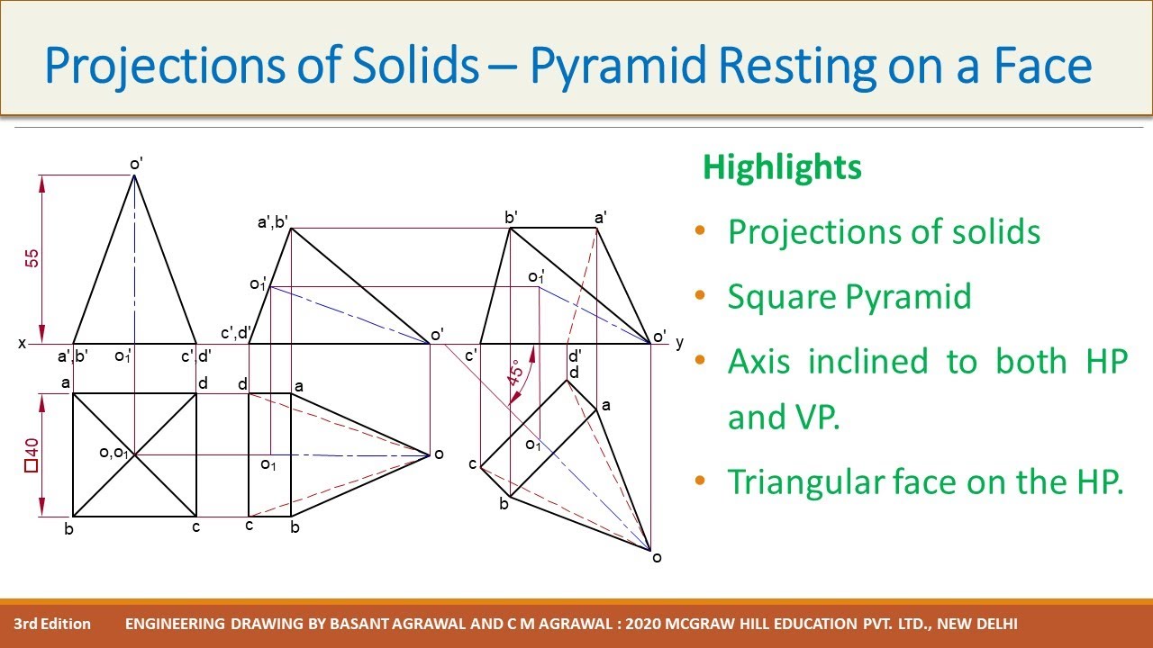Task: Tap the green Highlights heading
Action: (x=781, y=167)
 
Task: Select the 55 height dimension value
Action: (x=32, y=258)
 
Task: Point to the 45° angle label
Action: (x=515, y=373)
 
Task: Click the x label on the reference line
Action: (x=22, y=344)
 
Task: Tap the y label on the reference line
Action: (x=679, y=343)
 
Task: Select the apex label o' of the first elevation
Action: (x=136, y=163)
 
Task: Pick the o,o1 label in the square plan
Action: (x=115, y=453)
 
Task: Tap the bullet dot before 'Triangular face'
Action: (x=701, y=481)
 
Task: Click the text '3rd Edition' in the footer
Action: (x=52, y=624)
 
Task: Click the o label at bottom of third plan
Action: (x=657, y=558)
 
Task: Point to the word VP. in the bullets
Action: (x=784, y=418)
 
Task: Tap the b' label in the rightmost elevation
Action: (x=511, y=217)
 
